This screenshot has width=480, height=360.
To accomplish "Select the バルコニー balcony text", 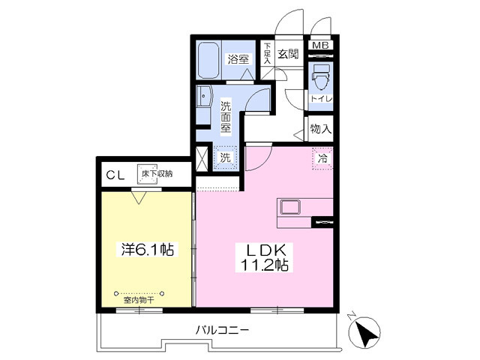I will point(222,329).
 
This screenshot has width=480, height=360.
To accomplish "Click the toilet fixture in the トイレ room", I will point(321,76).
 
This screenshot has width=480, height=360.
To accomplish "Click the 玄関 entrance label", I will point(288,54).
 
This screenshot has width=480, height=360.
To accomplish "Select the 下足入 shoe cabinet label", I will point(267,54).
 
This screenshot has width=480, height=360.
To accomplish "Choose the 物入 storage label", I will point(321,129).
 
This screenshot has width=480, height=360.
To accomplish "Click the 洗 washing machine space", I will point(225,158).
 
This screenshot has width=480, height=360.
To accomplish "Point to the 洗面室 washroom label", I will point(226,117).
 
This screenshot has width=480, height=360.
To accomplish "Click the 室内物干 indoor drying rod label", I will point(139,300).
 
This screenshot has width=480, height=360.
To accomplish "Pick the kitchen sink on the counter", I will point(289,206).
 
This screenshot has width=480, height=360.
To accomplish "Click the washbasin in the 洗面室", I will point(204,97).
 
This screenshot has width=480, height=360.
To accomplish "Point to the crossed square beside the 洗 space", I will point(202,158).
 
